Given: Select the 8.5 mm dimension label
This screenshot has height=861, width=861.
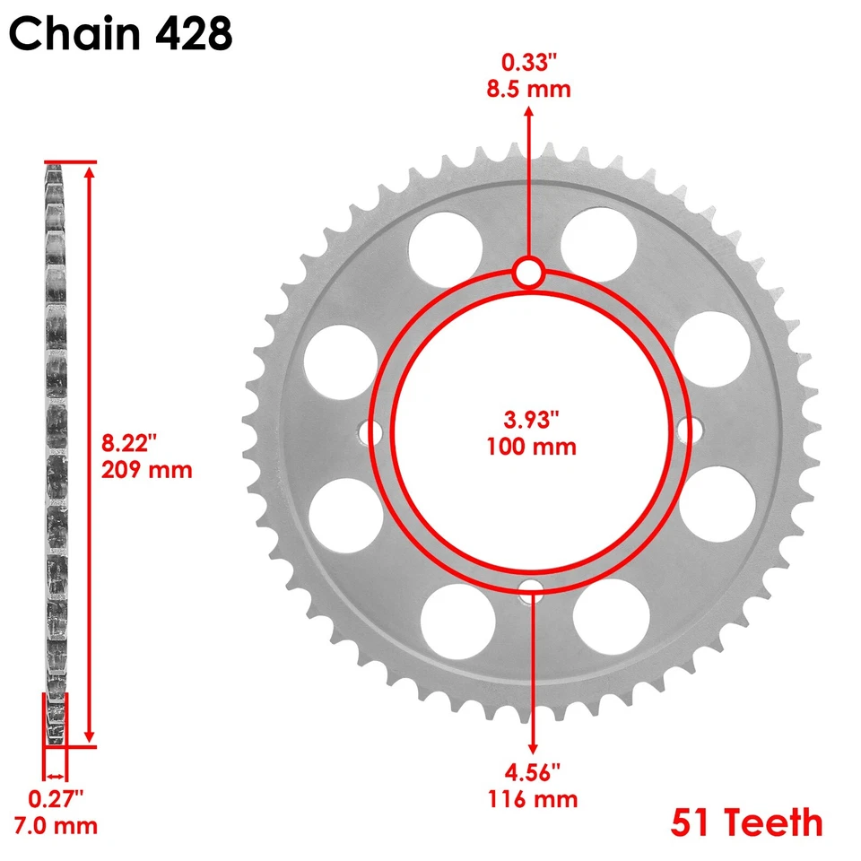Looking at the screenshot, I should click(529, 89).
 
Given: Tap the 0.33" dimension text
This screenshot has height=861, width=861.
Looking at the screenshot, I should click(529, 64).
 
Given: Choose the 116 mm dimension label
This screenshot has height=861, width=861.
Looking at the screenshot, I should click(533, 798).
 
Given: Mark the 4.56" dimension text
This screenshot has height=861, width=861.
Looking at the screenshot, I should click(533, 772).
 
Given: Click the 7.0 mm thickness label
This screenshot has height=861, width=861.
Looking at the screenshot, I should click(54, 825).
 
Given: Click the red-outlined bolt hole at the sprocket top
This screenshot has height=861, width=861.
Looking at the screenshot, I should click(529, 274).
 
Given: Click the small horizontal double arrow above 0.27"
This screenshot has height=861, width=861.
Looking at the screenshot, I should click(56, 776).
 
